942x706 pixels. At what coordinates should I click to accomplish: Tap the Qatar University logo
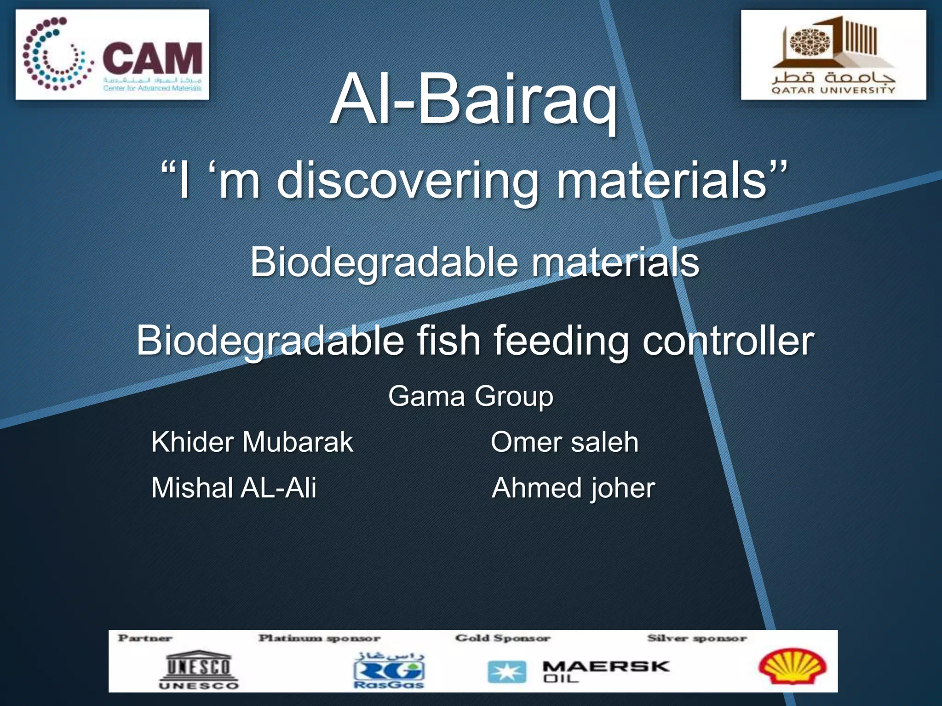(833, 55)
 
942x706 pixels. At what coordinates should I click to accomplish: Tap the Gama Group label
(471, 396)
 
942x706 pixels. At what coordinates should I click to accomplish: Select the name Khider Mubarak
(252, 442)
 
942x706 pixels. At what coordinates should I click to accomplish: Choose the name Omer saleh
(564, 442)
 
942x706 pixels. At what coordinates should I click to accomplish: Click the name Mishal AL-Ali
(234, 488)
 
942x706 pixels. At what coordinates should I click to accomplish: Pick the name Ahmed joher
(573, 488)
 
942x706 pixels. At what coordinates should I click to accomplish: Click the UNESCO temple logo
(199, 669)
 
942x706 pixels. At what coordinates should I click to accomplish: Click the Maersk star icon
(506, 672)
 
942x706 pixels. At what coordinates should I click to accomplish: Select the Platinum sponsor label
(319, 638)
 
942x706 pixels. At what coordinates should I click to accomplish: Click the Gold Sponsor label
(502, 638)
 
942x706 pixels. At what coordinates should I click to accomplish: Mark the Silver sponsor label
(696, 638)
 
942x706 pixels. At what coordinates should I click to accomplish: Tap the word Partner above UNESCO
(145, 638)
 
